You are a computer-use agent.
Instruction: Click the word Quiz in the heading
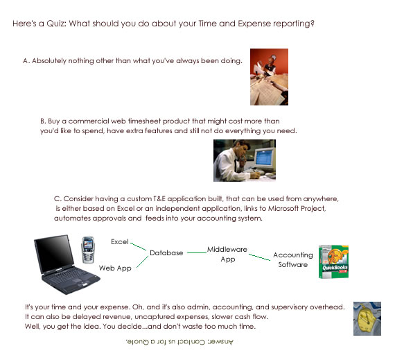click(x=56, y=24)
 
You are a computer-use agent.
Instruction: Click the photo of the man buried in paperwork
click(x=269, y=77)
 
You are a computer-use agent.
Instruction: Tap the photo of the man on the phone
click(x=245, y=160)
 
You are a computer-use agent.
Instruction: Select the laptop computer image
click(x=67, y=264)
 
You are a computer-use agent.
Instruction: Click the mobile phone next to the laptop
click(x=88, y=250)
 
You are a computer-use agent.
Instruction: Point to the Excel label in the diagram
click(x=120, y=242)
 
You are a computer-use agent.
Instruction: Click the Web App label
click(x=115, y=268)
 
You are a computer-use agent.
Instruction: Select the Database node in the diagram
click(x=166, y=253)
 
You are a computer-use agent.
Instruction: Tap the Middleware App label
click(x=227, y=254)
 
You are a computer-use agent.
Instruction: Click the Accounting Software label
click(x=293, y=259)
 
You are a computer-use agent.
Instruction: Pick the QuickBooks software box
click(x=333, y=262)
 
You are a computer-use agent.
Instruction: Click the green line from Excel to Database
click(x=139, y=246)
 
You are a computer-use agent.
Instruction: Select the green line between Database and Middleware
click(x=197, y=252)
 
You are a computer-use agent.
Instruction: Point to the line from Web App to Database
click(x=142, y=262)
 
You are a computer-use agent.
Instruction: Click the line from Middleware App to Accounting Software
click(x=259, y=257)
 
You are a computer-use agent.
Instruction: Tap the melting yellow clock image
click(x=367, y=318)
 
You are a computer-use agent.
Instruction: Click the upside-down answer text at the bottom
click(x=179, y=342)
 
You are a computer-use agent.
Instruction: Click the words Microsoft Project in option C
click(x=297, y=209)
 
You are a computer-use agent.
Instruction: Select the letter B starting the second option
click(x=42, y=121)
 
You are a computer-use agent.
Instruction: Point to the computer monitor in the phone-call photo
click(x=264, y=159)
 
